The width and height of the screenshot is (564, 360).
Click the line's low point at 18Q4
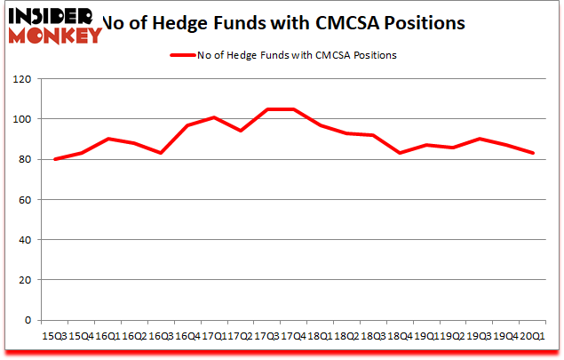[398, 153]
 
